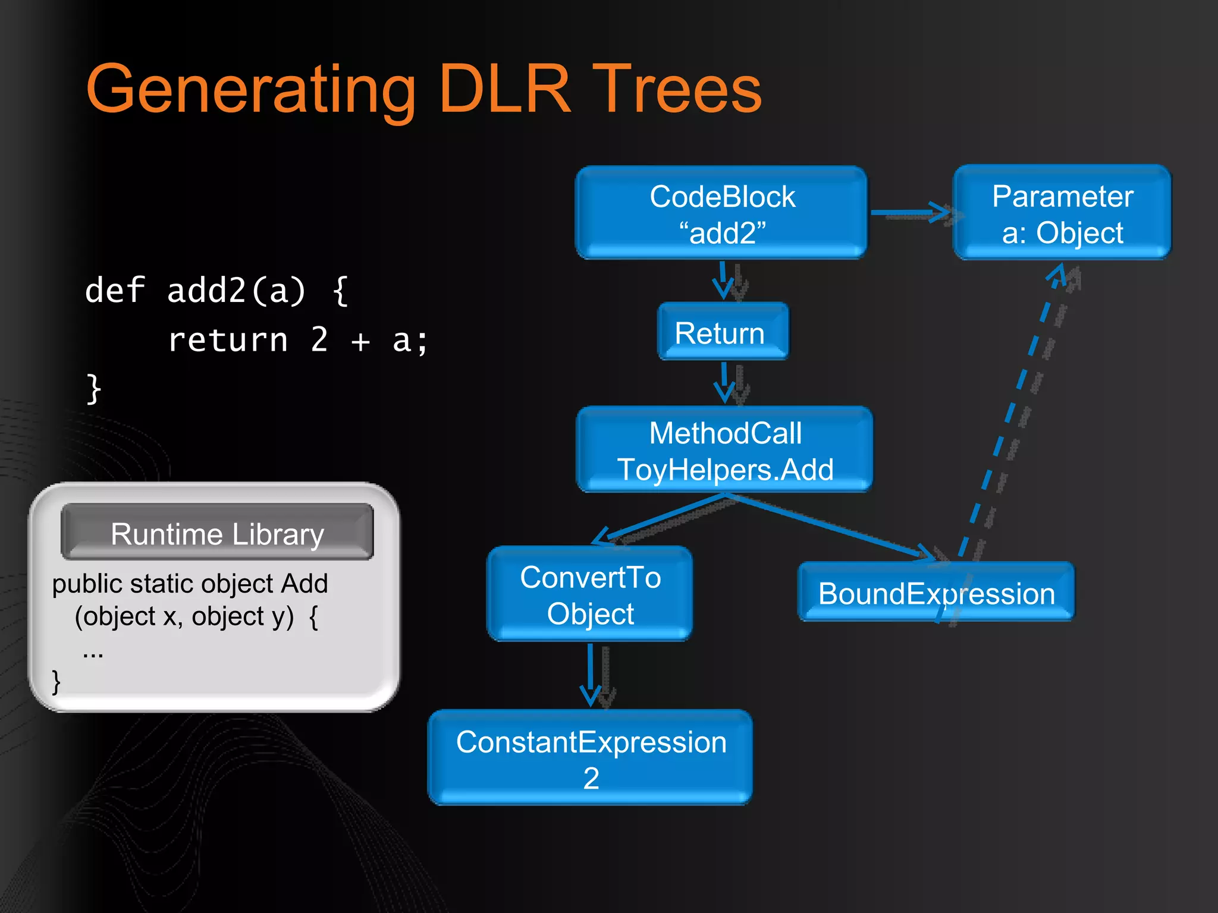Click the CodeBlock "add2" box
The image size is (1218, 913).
(x=721, y=213)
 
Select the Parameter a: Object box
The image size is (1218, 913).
(x=1062, y=213)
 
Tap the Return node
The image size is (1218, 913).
(x=722, y=332)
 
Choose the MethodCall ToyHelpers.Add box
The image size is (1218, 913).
(x=724, y=450)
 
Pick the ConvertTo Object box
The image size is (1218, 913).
(x=589, y=594)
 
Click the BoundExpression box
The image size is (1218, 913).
(x=936, y=593)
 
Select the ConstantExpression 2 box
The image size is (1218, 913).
(x=590, y=758)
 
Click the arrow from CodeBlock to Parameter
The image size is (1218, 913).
(x=910, y=212)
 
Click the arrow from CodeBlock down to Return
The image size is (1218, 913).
(x=723, y=280)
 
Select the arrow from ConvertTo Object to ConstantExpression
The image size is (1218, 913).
(x=591, y=674)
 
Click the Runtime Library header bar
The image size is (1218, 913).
(x=217, y=533)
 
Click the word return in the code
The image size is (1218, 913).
(x=228, y=340)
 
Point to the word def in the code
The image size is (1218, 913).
(x=115, y=291)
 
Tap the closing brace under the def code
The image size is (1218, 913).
(x=94, y=389)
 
